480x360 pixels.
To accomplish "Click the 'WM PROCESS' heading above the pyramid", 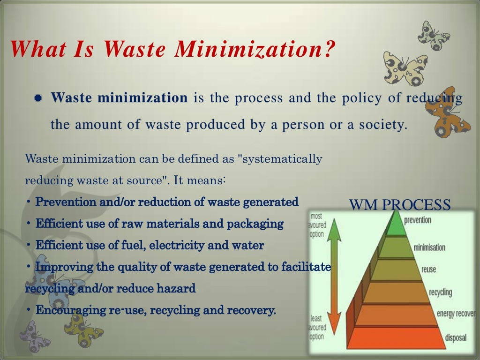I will click(400, 205).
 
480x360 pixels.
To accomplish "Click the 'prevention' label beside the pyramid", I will click(417, 220).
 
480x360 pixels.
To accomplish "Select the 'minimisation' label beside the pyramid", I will click(429, 247).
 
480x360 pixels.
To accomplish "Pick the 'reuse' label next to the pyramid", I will click(428, 269).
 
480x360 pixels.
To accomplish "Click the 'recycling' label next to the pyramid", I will click(440, 292).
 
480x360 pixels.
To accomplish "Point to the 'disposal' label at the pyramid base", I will click(455, 337).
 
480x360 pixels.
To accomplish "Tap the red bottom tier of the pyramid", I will click(398, 337).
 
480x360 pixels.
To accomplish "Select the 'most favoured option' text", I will click(317, 225).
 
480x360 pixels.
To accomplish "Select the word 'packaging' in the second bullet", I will click(255, 224).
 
